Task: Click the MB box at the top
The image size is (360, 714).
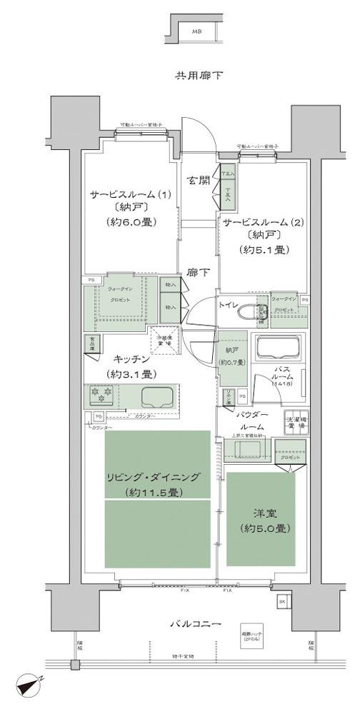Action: (196, 32)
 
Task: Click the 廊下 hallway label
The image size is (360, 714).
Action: (198, 272)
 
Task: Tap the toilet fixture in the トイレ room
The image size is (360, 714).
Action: (250, 312)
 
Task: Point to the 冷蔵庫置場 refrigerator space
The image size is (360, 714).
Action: (164, 338)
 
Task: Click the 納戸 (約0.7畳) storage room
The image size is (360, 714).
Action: (232, 355)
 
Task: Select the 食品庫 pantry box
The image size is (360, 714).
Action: (91, 343)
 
